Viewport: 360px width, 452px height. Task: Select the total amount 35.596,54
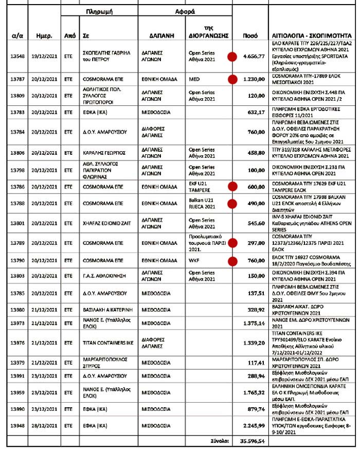click(x=250, y=441)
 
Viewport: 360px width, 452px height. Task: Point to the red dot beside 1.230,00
click(x=232, y=79)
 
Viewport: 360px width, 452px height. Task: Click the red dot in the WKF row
click(x=232, y=261)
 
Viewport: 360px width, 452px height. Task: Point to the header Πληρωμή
click(x=98, y=11)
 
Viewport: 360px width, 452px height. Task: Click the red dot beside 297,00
click(x=232, y=243)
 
